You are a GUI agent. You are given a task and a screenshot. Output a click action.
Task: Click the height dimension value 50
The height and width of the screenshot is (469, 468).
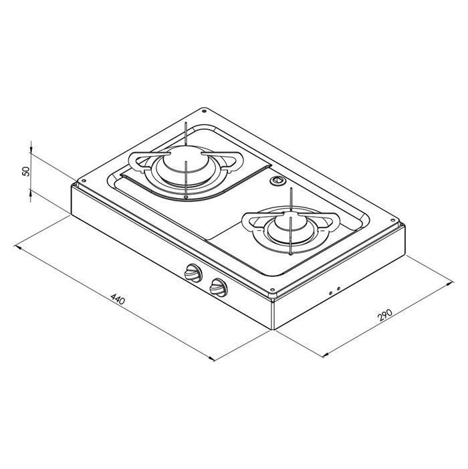point(26,171)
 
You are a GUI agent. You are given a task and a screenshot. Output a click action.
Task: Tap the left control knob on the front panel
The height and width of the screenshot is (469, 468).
point(193,273)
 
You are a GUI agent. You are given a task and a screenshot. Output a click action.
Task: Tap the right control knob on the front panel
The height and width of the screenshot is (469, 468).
point(217,288)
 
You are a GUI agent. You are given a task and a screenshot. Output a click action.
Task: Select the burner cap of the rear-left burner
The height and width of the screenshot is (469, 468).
point(185,165)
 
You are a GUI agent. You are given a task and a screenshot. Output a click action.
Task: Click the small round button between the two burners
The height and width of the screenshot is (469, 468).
point(277,181)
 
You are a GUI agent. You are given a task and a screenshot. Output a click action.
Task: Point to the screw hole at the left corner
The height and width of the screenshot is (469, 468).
point(83,181)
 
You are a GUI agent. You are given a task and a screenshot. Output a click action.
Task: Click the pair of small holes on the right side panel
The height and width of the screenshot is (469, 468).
point(334,291)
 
